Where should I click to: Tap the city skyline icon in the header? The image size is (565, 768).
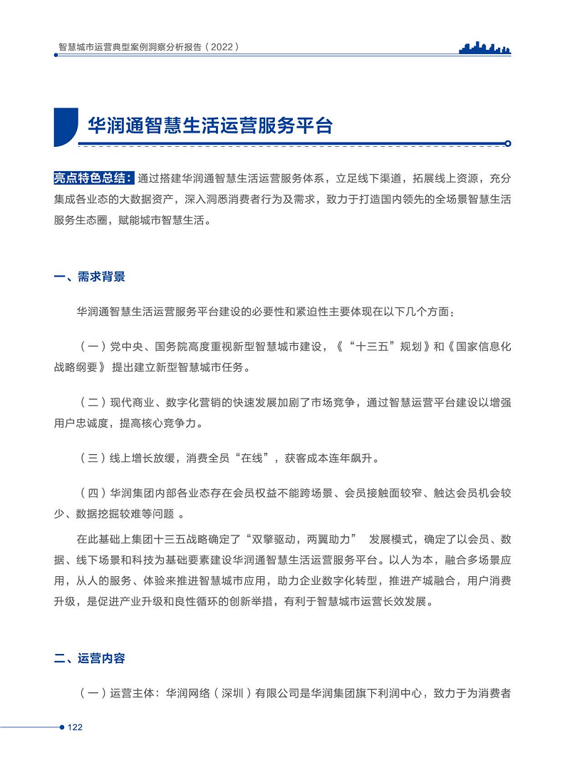pos(485,47)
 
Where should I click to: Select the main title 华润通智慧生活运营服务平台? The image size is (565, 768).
pos(210,126)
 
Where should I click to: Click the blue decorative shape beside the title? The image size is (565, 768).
pos(66,126)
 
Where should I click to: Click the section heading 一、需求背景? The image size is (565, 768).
pos(90,277)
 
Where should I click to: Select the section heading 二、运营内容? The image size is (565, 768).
pos(90,658)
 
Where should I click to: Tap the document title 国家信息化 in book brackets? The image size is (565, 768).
pos(483,347)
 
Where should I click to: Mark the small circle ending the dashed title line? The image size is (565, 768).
pos(507,143)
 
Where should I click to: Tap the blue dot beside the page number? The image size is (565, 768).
pos(61,727)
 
